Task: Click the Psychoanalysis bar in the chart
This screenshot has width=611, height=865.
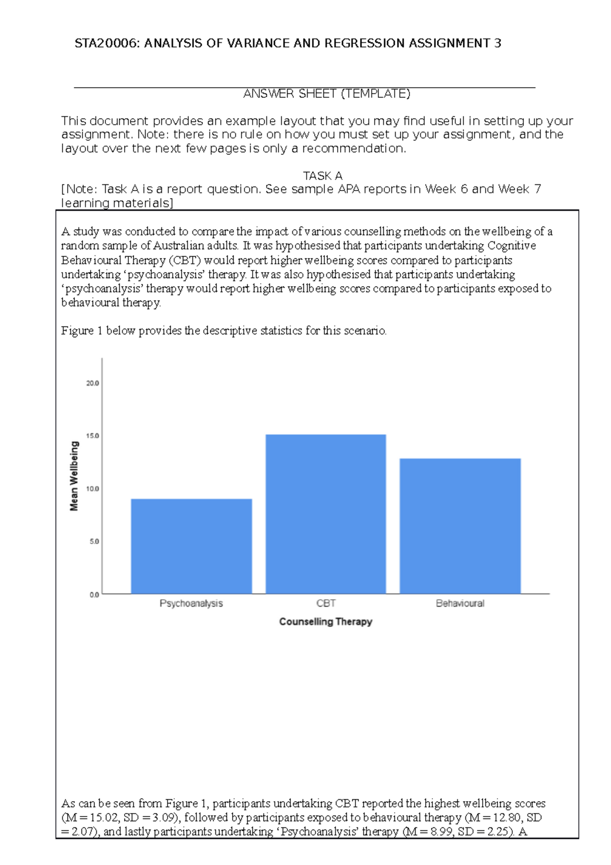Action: coord(191,546)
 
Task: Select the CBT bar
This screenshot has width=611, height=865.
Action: coord(326,514)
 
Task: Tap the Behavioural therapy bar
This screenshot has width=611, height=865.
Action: coord(460,526)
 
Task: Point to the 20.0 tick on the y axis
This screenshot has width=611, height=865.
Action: coord(93,383)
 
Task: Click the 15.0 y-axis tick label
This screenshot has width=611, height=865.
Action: coord(93,436)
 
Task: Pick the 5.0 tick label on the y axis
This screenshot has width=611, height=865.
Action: coord(94,542)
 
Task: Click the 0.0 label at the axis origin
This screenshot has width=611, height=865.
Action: coord(94,594)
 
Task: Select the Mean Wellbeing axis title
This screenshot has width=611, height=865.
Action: coord(74,476)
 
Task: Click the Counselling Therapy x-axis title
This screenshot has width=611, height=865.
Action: coord(326,621)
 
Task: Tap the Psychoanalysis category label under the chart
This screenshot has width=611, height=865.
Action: coord(191,604)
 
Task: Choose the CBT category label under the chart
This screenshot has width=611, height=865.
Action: coord(326,604)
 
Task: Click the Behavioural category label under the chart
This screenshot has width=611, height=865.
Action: coord(460,604)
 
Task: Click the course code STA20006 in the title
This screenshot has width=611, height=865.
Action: coord(106,43)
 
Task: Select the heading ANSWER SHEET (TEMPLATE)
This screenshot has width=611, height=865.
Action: coord(326,94)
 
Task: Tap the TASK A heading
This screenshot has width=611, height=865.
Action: coord(323,176)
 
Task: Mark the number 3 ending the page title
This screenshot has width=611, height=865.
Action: coord(498,43)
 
